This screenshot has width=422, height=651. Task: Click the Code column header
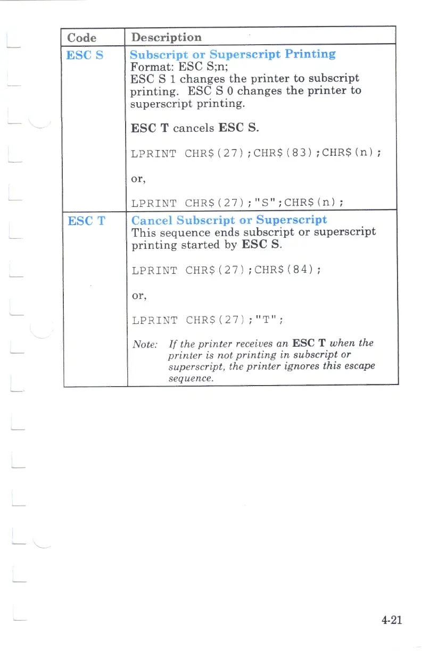tap(82, 38)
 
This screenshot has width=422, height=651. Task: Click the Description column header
tap(166, 37)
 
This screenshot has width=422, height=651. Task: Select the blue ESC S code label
tap(82, 54)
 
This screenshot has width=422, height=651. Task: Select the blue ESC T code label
tap(83, 220)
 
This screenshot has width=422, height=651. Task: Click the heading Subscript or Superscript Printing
tap(233, 54)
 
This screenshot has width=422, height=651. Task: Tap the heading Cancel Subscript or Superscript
tap(229, 220)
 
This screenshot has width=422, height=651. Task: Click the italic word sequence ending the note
tap(191, 379)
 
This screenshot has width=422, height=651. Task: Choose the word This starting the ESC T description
tap(143, 232)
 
